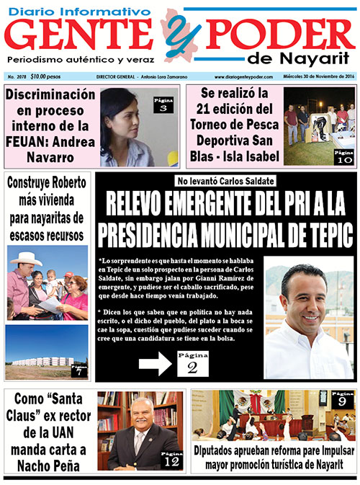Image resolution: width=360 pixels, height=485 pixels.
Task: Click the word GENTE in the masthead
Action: [83, 34]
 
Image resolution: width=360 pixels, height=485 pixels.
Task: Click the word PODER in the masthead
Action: [274, 34]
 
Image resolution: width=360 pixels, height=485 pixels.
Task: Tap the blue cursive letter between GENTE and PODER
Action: [176, 32]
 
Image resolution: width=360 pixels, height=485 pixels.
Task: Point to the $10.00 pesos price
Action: [45, 76]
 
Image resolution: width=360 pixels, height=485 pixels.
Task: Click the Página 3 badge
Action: [163, 105]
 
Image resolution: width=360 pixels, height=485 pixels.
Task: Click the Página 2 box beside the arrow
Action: [192, 364]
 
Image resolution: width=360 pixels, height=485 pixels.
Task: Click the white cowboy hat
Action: [29, 258]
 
